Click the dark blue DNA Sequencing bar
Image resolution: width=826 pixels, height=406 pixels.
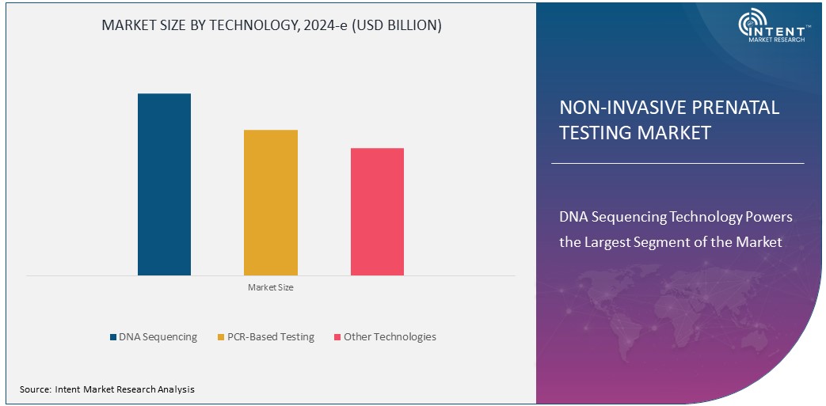[164, 184]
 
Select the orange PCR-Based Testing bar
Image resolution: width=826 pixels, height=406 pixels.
[271, 203]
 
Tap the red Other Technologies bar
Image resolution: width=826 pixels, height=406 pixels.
[377, 211]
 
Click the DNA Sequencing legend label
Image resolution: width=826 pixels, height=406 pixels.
[158, 337]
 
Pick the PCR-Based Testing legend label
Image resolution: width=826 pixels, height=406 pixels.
[270, 337]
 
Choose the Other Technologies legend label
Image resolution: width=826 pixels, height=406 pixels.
[389, 337]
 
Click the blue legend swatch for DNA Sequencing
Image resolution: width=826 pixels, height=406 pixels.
[113, 338]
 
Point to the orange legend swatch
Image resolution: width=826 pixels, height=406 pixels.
[221, 338]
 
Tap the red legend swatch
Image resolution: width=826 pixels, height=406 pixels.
[337, 338]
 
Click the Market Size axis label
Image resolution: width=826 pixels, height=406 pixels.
[271, 287]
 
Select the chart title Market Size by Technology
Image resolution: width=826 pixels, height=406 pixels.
[272, 25]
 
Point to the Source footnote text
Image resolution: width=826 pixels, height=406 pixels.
[107, 389]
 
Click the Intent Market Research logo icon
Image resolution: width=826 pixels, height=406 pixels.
[752, 25]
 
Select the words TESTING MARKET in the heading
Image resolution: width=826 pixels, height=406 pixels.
[635, 133]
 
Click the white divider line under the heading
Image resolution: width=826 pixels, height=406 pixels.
[677, 164]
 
